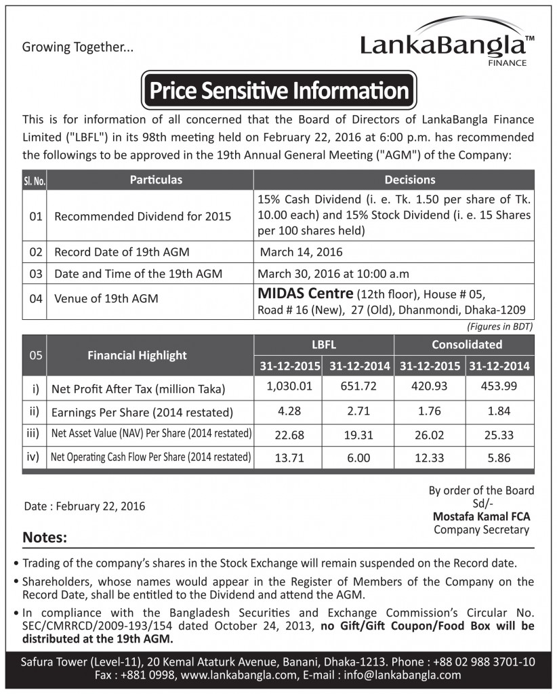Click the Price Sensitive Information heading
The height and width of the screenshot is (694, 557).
pos(278,90)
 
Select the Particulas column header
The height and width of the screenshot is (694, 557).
pos(157,180)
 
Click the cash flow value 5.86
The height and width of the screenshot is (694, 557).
pos(498,457)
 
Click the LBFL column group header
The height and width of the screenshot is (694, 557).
pos(323,344)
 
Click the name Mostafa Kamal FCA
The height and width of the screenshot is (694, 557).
pos(480,516)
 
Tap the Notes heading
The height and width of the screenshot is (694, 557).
pos(45,537)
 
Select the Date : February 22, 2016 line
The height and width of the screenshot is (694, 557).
pos(84,506)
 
